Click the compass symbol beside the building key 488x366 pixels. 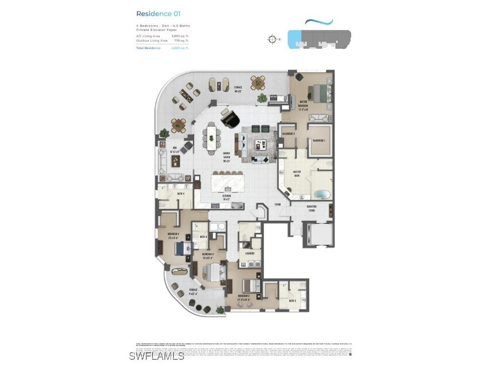[272, 39]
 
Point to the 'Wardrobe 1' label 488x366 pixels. [318, 141]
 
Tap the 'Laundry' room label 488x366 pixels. [250, 254]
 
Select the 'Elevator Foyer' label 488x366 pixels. [312, 209]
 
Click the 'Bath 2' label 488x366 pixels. [292, 301]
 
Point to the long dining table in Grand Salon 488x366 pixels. [212, 137]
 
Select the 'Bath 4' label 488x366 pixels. [181, 193]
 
